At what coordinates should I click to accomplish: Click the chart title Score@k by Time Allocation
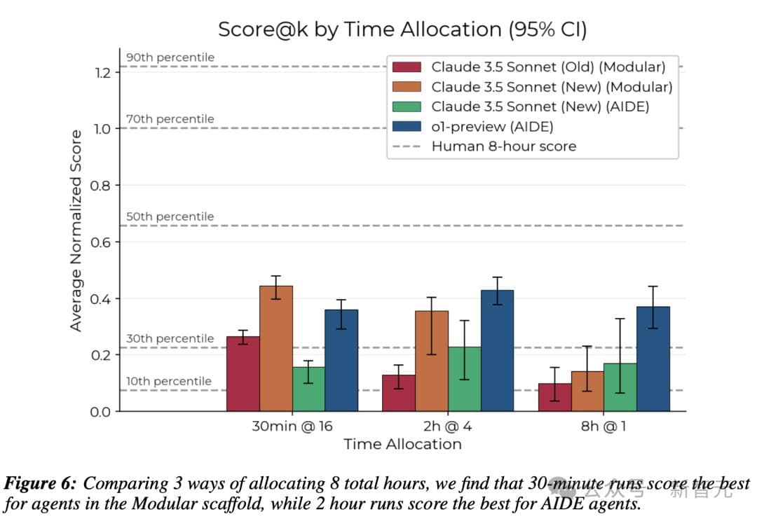click(x=402, y=29)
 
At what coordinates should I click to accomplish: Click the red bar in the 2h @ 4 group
click(x=398, y=393)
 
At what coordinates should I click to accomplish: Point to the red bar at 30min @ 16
click(x=243, y=373)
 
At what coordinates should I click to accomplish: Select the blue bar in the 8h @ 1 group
click(x=653, y=359)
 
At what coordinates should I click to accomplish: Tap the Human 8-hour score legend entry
click(x=503, y=146)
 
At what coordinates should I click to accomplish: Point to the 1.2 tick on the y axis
click(x=103, y=73)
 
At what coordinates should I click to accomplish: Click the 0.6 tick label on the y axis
click(x=103, y=242)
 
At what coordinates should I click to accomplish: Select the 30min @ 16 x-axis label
click(x=292, y=426)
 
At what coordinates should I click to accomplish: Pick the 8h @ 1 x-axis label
click(x=603, y=426)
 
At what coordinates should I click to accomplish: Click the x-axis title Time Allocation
click(x=402, y=444)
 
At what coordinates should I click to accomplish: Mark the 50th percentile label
click(x=170, y=216)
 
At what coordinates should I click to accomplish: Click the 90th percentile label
click(x=170, y=57)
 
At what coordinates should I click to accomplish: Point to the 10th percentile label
click(x=168, y=381)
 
